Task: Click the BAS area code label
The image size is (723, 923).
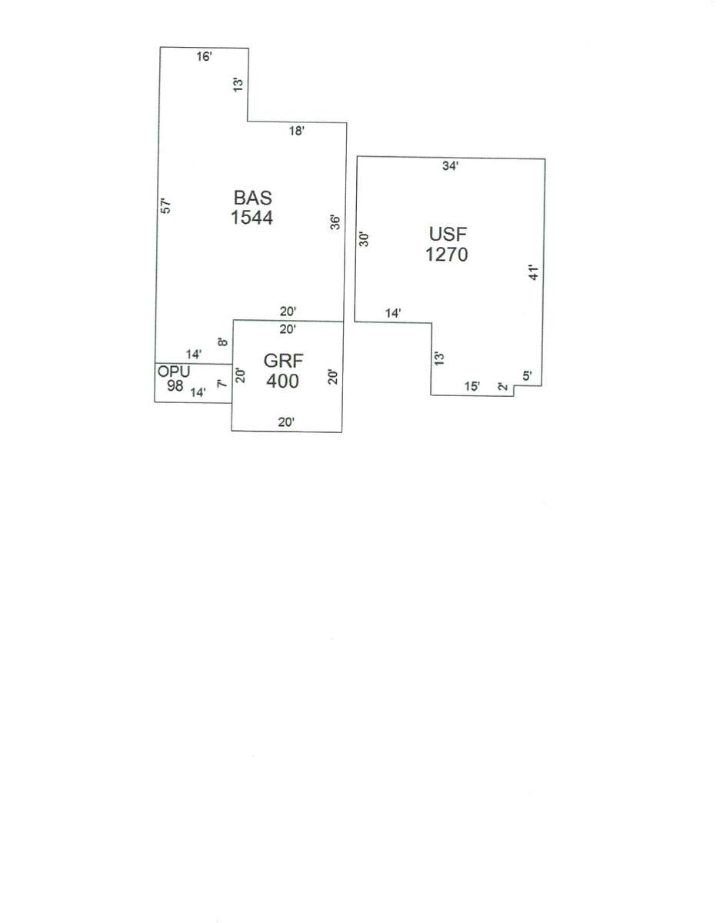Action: pos(252,198)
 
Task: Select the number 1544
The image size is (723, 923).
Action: pos(252,218)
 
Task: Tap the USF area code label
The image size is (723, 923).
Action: pos(448,235)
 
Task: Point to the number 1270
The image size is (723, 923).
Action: pos(447,255)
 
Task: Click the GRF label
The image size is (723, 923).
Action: pos(283,361)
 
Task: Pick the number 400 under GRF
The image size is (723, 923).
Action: pos(283,381)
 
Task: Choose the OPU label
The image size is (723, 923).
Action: pos(174,372)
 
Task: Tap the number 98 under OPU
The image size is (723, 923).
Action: pos(175,385)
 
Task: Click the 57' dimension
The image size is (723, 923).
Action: pos(166,205)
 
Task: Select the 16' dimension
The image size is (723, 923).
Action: pos(204,56)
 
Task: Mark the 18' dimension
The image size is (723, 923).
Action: pos(297,132)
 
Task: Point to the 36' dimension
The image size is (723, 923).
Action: pos(335,222)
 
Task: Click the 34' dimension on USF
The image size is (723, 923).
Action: pos(451,166)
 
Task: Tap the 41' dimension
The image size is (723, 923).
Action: pos(534,272)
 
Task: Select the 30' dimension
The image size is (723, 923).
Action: pos(364,239)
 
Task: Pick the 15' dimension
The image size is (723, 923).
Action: pos(472,387)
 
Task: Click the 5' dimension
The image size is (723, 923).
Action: pos(527,375)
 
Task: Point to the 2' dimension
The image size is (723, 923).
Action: pos(503,387)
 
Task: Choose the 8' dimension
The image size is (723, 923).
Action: pos(223,341)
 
